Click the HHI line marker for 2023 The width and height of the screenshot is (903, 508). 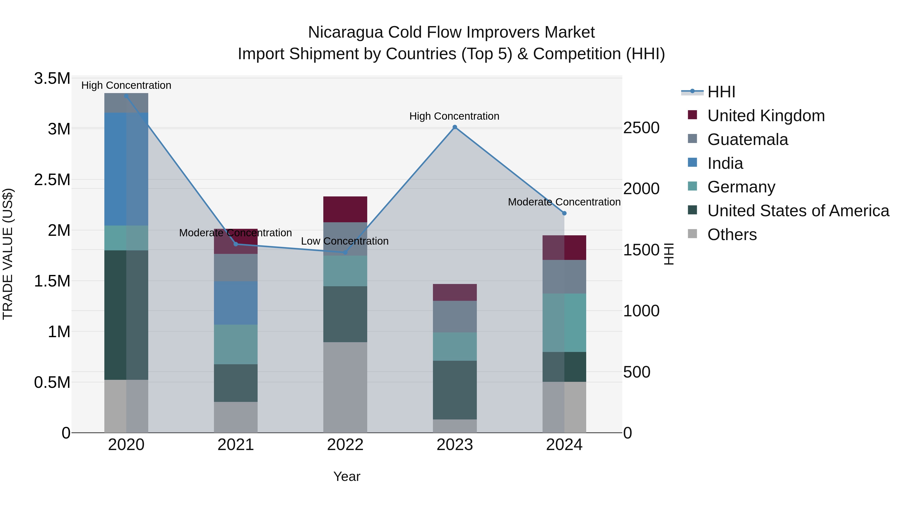pos(455,127)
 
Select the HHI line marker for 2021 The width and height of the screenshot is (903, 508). pos(236,244)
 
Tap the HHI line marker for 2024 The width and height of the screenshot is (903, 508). pos(564,213)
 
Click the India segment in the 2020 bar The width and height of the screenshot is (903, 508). pos(126,169)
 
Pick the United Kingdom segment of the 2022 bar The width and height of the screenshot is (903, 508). pos(345,209)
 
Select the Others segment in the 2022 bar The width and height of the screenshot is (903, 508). pos(345,387)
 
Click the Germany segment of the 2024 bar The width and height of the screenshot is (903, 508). pos(564,323)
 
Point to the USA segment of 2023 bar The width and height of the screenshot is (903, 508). pos(455,390)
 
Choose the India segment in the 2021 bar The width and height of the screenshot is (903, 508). pos(236,303)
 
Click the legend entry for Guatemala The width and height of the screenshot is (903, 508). pos(747,139)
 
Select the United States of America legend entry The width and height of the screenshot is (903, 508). pos(798,211)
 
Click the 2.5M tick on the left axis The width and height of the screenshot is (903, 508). pos(52,180)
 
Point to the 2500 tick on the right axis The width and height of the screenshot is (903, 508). pos(641,128)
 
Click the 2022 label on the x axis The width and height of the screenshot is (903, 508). pos(345,445)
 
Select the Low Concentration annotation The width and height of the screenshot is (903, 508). pos(345,241)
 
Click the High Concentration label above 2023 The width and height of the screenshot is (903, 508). pos(454,116)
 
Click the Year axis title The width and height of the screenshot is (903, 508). pos(346,476)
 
